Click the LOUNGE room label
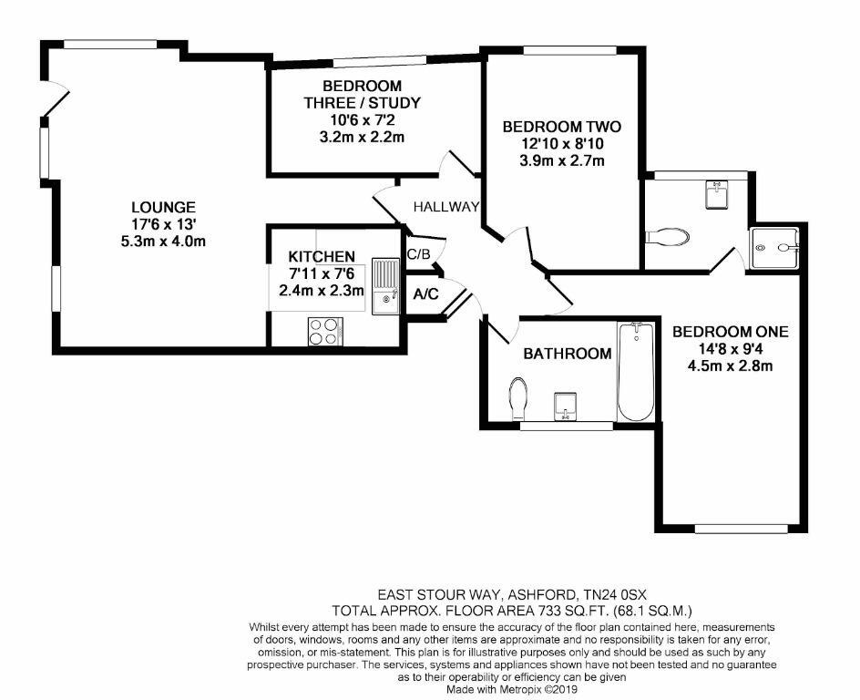[x=162, y=208]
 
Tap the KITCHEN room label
[x=322, y=257]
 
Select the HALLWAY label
[x=445, y=208]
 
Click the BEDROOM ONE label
[x=730, y=332]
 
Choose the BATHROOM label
[x=567, y=354]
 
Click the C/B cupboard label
[x=419, y=254]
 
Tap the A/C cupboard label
[x=425, y=294]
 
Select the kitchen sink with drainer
[x=386, y=285]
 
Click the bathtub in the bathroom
[x=635, y=372]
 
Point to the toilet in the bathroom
[x=518, y=397]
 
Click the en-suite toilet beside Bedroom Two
[x=668, y=238]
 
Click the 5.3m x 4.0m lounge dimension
[x=162, y=242]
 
